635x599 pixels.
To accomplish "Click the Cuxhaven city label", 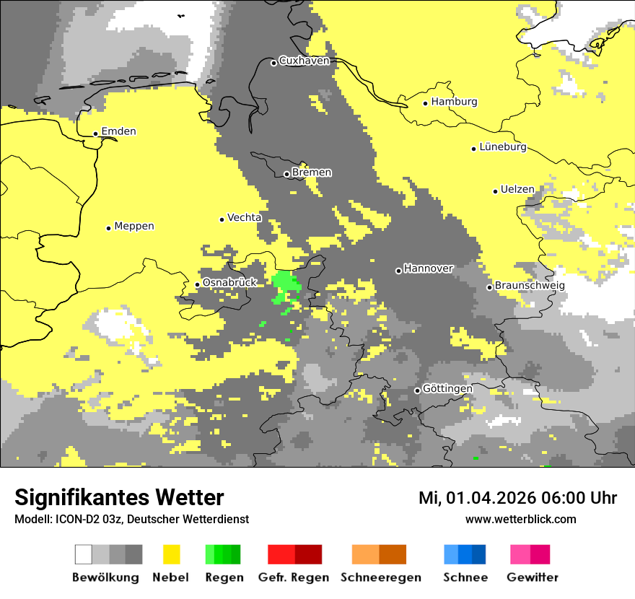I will (x=304, y=61).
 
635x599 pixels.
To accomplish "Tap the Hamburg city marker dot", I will (x=426, y=103).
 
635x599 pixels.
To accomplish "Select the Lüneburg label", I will (x=503, y=147).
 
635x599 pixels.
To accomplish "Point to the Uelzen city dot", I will (x=495, y=191).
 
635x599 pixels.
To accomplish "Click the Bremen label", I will (x=312, y=172).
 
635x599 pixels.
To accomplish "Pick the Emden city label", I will (x=118, y=131).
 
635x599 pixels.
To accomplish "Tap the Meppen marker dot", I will (x=108, y=228).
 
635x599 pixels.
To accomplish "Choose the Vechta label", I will (x=245, y=217).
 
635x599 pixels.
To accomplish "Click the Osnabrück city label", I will (x=229, y=282).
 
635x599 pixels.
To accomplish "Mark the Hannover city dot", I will (x=398, y=271).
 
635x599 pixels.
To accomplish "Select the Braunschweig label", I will (x=530, y=285).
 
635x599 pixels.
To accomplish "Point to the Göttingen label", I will (x=447, y=388).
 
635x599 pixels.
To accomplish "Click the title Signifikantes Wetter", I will (x=119, y=498).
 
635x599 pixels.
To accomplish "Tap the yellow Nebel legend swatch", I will (x=172, y=554).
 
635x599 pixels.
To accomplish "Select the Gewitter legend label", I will (x=533, y=577).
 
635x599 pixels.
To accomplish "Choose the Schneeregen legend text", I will (x=381, y=577).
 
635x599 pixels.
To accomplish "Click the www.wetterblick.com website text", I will (x=520, y=519).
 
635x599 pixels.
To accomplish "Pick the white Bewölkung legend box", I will (x=83, y=554).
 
